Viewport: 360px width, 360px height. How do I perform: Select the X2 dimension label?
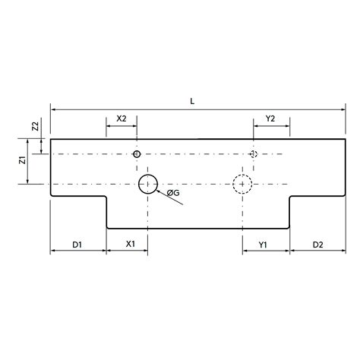click(x=122, y=118)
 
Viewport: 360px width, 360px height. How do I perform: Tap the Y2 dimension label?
click(x=270, y=118)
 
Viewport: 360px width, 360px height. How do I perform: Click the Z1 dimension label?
click(x=24, y=161)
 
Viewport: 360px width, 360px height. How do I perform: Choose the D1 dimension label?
click(x=77, y=245)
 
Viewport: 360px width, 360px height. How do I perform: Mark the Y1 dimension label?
click(x=264, y=245)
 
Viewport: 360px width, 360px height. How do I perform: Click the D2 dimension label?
click(x=317, y=245)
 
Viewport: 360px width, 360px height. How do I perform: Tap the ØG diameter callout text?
click(x=173, y=193)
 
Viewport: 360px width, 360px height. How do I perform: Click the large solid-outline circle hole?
click(x=147, y=183)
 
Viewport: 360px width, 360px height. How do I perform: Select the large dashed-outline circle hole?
click(x=242, y=183)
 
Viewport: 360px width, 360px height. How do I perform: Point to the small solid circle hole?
click(x=137, y=154)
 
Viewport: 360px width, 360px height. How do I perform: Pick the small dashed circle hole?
click(x=254, y=154)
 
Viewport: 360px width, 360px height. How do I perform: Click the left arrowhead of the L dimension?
click(x=53, y=110)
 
